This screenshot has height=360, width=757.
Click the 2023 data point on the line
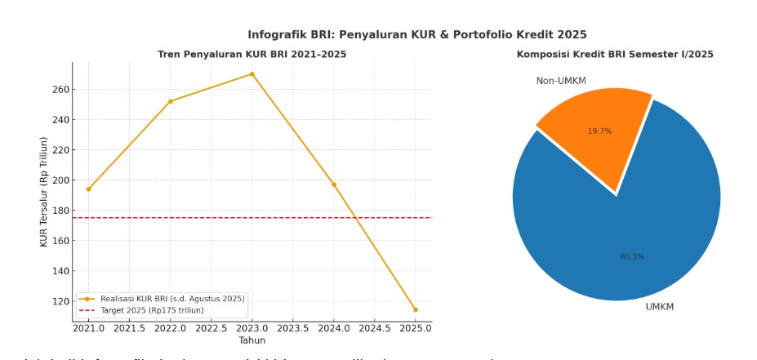point(252,74)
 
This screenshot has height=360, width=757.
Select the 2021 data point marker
point(88,189)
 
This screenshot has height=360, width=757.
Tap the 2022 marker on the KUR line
point(170,101)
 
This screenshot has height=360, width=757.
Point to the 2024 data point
point(333,184)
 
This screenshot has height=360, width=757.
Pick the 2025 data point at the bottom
point(415,309)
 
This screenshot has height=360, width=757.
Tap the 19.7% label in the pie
point(599,131)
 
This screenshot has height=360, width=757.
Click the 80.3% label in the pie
point(632,256)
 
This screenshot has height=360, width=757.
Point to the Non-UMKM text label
point(561,81)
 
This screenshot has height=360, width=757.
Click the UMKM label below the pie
point(659,307)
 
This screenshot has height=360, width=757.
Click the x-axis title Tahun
point(252,340)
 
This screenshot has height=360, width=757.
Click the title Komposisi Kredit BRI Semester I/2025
point(614,55)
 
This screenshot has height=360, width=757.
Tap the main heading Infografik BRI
point(417,34)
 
